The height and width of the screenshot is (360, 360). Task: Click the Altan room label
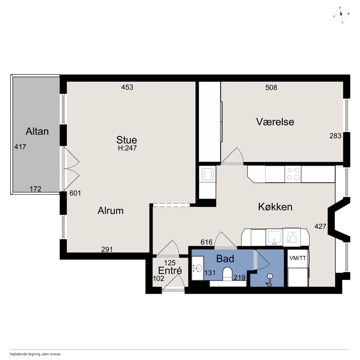point(37,131)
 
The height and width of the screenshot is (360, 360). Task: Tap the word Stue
point(127,140)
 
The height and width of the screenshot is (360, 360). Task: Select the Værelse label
point(275,122)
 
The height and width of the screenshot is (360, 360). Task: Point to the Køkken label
point(275,207)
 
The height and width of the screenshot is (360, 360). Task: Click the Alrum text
point(111,211)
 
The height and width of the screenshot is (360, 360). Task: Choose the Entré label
point(170,270)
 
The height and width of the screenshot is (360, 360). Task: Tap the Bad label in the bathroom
point(225,259)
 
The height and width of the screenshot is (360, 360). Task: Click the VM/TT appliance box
point(297,258)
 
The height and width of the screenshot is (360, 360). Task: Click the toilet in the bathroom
point(227,274)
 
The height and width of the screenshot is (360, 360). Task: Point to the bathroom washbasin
point(198,268)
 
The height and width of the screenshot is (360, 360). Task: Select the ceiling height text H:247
point(127,148)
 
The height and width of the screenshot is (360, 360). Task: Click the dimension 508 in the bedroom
point(271,87)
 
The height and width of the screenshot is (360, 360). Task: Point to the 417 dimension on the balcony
point(20,147)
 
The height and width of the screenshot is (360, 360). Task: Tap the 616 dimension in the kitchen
point(206,242)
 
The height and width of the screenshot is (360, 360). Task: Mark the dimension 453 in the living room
point(127,87)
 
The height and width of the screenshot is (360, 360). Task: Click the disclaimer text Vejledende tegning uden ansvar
point(35,354)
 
